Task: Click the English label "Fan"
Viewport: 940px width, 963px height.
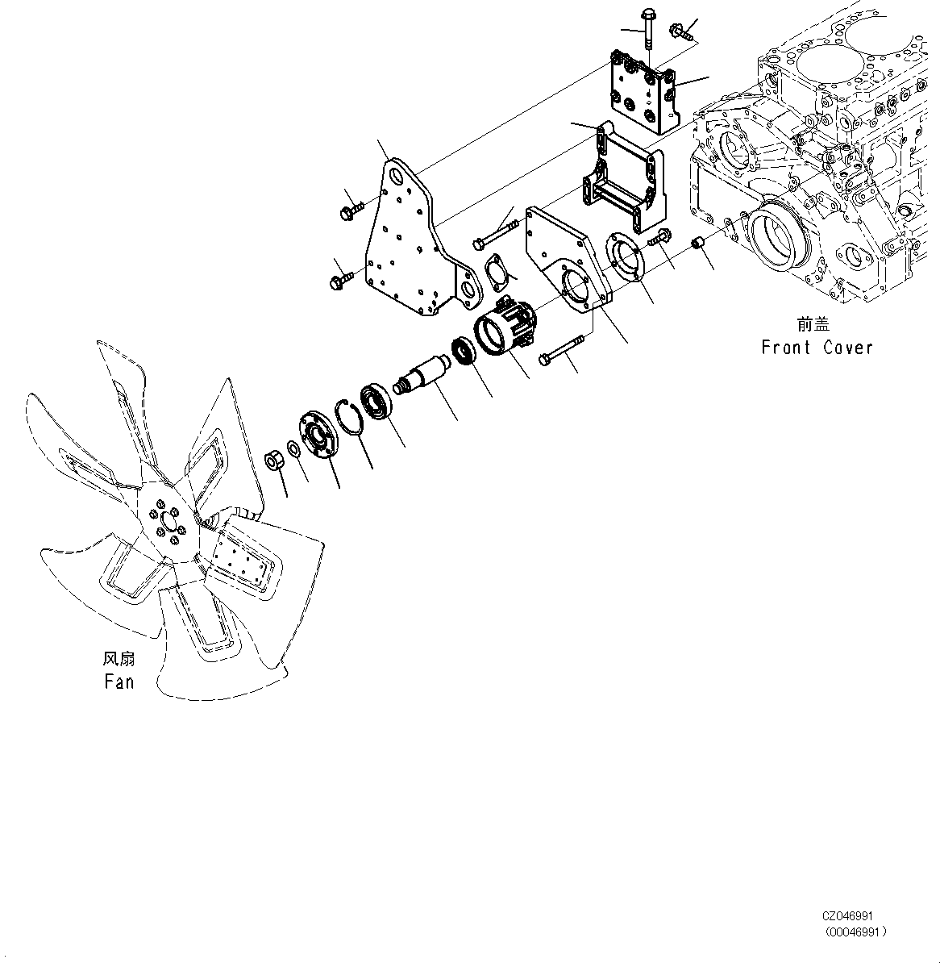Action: (x=119, y=682)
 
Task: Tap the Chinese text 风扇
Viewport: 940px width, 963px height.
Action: (x=119, y=659)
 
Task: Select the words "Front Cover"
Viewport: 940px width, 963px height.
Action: (x=817, y=348)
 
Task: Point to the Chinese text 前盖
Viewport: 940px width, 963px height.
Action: (x=813, y=324)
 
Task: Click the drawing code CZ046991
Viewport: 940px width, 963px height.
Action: (x=846, y=917)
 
